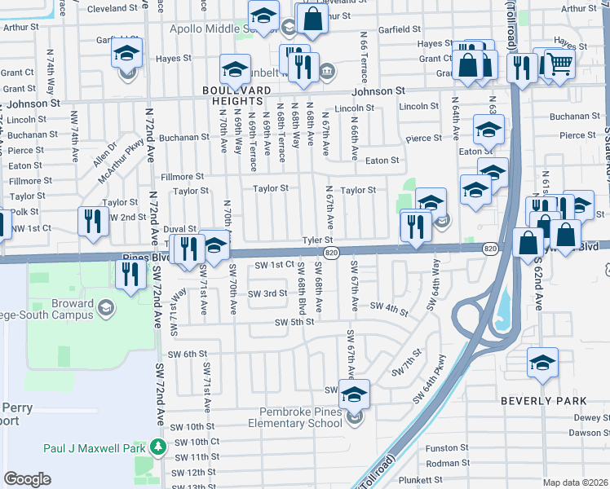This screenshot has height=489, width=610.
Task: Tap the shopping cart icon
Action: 559,63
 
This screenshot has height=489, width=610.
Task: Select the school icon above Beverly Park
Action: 542,362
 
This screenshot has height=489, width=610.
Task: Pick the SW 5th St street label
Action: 294,322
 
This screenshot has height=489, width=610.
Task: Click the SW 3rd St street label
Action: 267,293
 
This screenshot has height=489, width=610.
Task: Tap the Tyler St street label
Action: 318,240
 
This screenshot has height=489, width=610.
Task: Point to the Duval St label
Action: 180,230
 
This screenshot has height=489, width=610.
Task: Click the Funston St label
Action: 447,447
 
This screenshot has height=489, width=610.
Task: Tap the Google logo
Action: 28,478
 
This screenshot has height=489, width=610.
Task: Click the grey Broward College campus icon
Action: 105,306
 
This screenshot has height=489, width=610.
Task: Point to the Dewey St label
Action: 590,416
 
